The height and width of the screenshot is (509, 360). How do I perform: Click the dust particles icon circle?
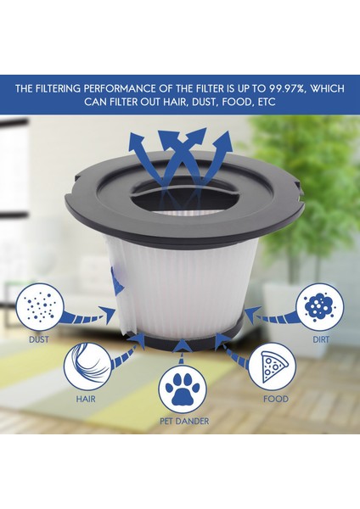click(40, 305)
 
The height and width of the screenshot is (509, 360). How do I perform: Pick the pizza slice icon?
click(275, 365)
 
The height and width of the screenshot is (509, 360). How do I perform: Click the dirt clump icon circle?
click(321, 305)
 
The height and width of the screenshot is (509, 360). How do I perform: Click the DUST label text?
click(39, 339)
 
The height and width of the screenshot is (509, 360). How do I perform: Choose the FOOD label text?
click(275, 399)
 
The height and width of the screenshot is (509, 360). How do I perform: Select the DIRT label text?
click(321, 339)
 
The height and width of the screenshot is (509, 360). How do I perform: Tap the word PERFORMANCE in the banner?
click(112, 87)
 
